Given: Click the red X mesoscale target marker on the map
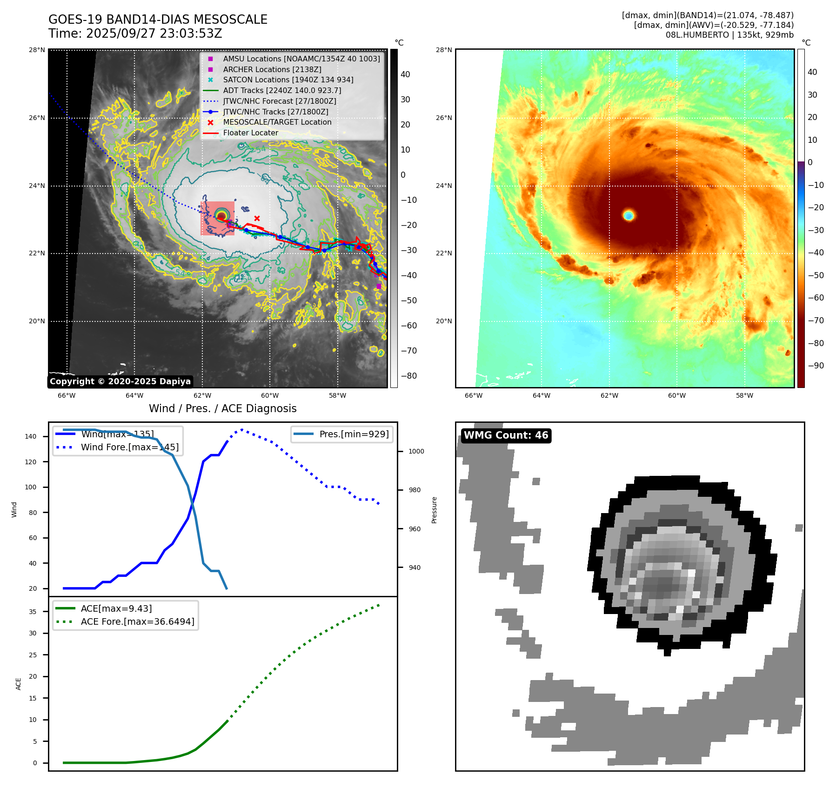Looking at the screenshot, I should click(257, 218).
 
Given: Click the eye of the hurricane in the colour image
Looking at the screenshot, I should click(629, 215).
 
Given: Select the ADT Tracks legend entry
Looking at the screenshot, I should click(282, 90).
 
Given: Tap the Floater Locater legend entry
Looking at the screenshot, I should click(250, 133).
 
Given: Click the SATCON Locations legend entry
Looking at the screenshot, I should click(288, 80).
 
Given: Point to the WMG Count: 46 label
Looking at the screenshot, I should click(506, 435).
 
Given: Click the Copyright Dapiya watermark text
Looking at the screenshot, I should click(120, 381).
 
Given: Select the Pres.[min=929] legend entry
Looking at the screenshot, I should click(354, 434).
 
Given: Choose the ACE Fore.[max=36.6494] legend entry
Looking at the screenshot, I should click(137, 621).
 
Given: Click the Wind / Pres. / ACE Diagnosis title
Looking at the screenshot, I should click(222, 408).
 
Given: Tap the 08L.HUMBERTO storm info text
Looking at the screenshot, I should click(729, 35).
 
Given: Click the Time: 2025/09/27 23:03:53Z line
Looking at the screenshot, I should click(135, 33).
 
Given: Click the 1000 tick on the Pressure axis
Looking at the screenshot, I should click(416, 451).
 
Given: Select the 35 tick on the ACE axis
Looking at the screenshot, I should click(33, 612).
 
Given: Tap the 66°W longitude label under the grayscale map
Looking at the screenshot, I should click(67, 395).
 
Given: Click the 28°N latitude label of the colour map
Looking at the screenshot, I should click(444, 50).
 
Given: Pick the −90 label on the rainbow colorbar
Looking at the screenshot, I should click(816, 366).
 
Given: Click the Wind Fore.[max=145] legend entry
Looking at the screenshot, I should click(129, 447).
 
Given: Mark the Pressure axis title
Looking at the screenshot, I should click(434, 510).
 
